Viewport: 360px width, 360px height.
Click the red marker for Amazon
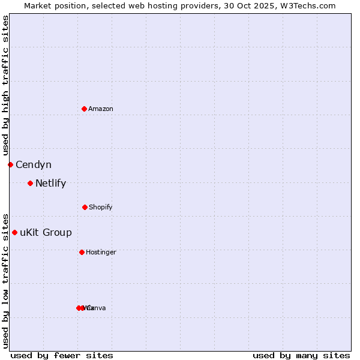pyautogui.click(x=84, y=109)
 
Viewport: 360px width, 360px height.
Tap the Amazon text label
pyautogui.click(x=101, y=109)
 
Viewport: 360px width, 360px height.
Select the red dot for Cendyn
pyautogui.click(x=10, y=164)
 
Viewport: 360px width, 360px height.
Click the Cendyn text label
pyautogui.click(x=34, y=164)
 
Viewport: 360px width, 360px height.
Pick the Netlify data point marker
pyautogui.click(x=30, y=183)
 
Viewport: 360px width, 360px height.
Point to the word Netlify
pyautogui.click(x=50, y=183)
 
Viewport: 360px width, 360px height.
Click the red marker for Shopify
pyautogui.click(x=85, y=207)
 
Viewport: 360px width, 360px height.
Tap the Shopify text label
pyautogui.click(x=101, y=207)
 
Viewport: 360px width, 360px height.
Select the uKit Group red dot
pyautogui.click(x=14, y=232)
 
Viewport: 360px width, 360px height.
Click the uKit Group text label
pyautogui.click(x=46, y=232)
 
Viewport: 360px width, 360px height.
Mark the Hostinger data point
pyautogui.click(x=82, y=252)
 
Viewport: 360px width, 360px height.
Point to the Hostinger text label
pyautogui.click(x=101, y=252)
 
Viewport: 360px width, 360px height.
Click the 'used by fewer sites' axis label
pyautogui.click(x=62, y=355)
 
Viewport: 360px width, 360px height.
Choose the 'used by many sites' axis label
pyautogui.click(x=301, y=355)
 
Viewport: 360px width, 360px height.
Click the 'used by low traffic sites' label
pyautogui.click(x=5, y=280)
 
